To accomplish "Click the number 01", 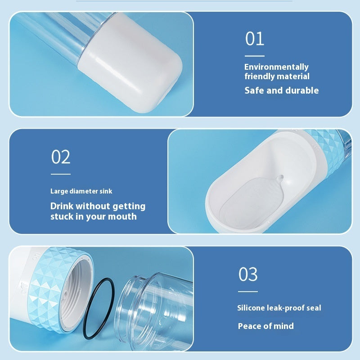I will coord(255,39).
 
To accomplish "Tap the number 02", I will coord(61,157).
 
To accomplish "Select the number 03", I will coord(248,274).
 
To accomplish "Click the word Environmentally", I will coord(276,67).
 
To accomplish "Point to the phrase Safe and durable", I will coord(281,90).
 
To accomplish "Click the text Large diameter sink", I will coord(81,191).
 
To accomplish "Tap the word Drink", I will coord(62,206).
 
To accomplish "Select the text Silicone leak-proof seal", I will coord(279,308).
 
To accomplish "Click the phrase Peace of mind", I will coord(265,326).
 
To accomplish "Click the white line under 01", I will coord(254,56).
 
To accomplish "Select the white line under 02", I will coord(60,174).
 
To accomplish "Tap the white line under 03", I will coord(247,292).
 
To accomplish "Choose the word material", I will coord(293,76).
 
